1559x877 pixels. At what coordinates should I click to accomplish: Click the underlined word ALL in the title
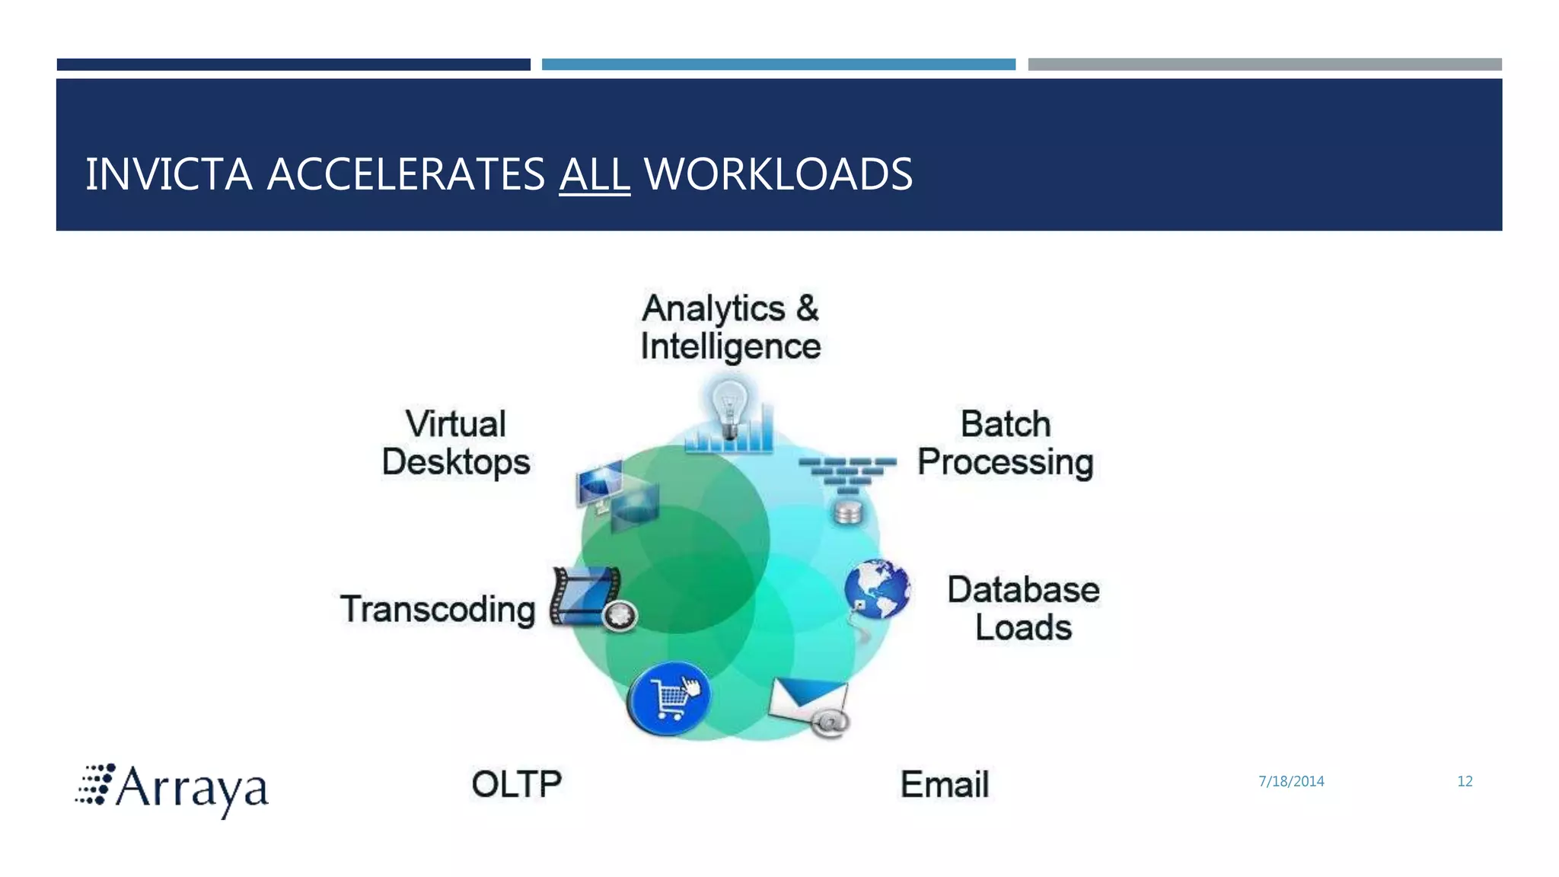(595, 174)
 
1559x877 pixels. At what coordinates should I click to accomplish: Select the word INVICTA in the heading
(168, 174)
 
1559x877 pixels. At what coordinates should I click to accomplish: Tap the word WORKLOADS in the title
(778, 174)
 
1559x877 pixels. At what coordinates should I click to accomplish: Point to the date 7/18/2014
(1291, 781)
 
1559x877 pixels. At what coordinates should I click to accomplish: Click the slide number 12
(1465, 781)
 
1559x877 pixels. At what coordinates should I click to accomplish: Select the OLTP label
(517, 784)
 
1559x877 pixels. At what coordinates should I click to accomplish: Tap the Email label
(945, 784)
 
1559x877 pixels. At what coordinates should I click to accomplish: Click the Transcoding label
(438, 609)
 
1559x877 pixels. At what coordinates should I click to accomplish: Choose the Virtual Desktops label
(456, 443)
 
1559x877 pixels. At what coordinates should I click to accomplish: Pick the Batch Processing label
(1005, 443)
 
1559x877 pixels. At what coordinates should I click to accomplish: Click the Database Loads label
(1023, 608)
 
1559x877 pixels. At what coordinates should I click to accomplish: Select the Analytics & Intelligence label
(731, 327)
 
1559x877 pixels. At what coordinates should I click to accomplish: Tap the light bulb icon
(729, 408)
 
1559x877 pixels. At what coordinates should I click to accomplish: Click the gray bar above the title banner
(1264, 65)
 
